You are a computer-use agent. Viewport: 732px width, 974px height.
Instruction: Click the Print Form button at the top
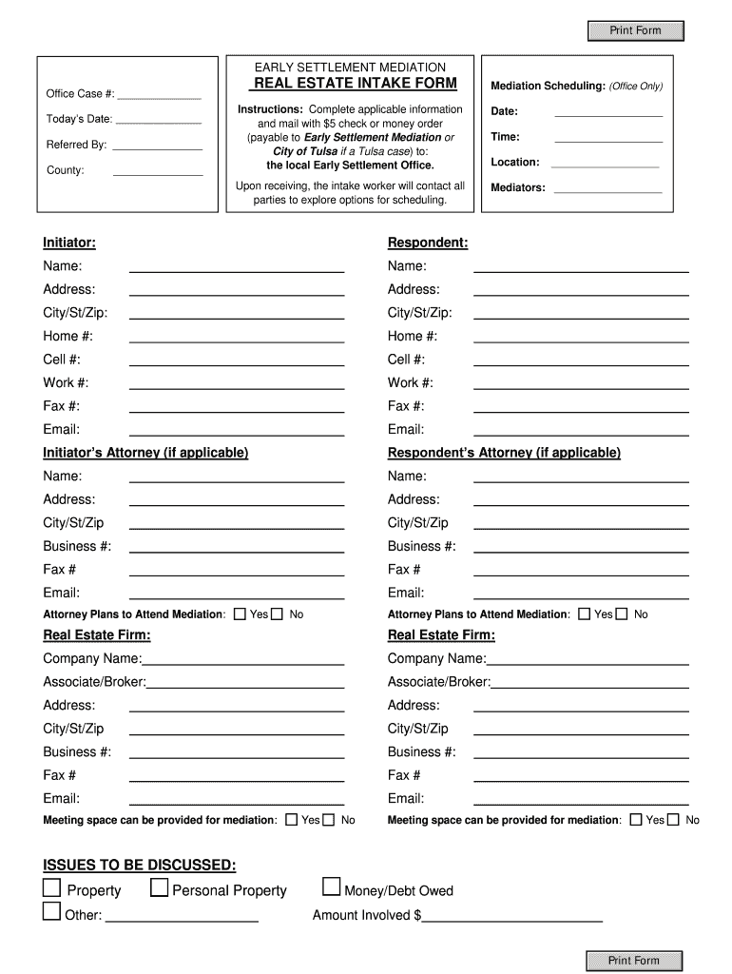click(635, 30)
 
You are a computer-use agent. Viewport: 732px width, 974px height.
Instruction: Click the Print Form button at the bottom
click(634, 960)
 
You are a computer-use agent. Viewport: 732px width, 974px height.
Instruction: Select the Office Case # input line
click(159, 94)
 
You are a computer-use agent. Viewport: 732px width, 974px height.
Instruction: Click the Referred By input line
click(158, 146)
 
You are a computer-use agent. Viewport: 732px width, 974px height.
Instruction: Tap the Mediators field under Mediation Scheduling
click(607, 187)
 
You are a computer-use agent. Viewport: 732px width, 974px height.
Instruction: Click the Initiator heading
click(69, 243)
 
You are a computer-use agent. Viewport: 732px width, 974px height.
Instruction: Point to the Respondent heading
click(428, 243)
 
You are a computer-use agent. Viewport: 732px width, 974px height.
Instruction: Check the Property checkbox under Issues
click(51, 888)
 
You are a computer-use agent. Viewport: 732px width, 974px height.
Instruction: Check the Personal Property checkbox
click(160, 888)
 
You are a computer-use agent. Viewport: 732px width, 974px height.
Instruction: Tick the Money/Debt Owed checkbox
click(331, 888)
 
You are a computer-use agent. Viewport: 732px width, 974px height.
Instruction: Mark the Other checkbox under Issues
click(51, 913)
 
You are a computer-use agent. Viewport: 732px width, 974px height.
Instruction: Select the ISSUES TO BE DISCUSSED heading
click(140, 865)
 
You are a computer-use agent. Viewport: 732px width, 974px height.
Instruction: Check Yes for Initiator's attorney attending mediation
click(240, 614)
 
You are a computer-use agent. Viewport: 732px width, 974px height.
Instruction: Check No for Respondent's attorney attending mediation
click(622, 614)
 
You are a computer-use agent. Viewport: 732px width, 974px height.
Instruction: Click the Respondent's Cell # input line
click(581, 360)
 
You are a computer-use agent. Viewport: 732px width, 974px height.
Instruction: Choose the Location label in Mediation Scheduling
click(515, 162)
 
